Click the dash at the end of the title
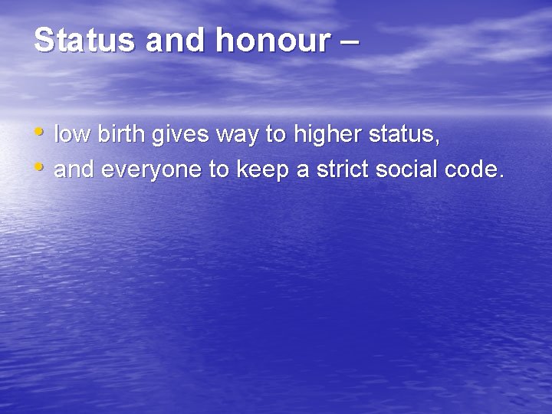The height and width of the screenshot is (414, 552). (347, 42)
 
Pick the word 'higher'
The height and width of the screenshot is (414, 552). (328, 136)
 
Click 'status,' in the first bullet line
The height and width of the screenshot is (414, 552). (404, 136)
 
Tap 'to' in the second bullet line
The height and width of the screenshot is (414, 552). (222, 169)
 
